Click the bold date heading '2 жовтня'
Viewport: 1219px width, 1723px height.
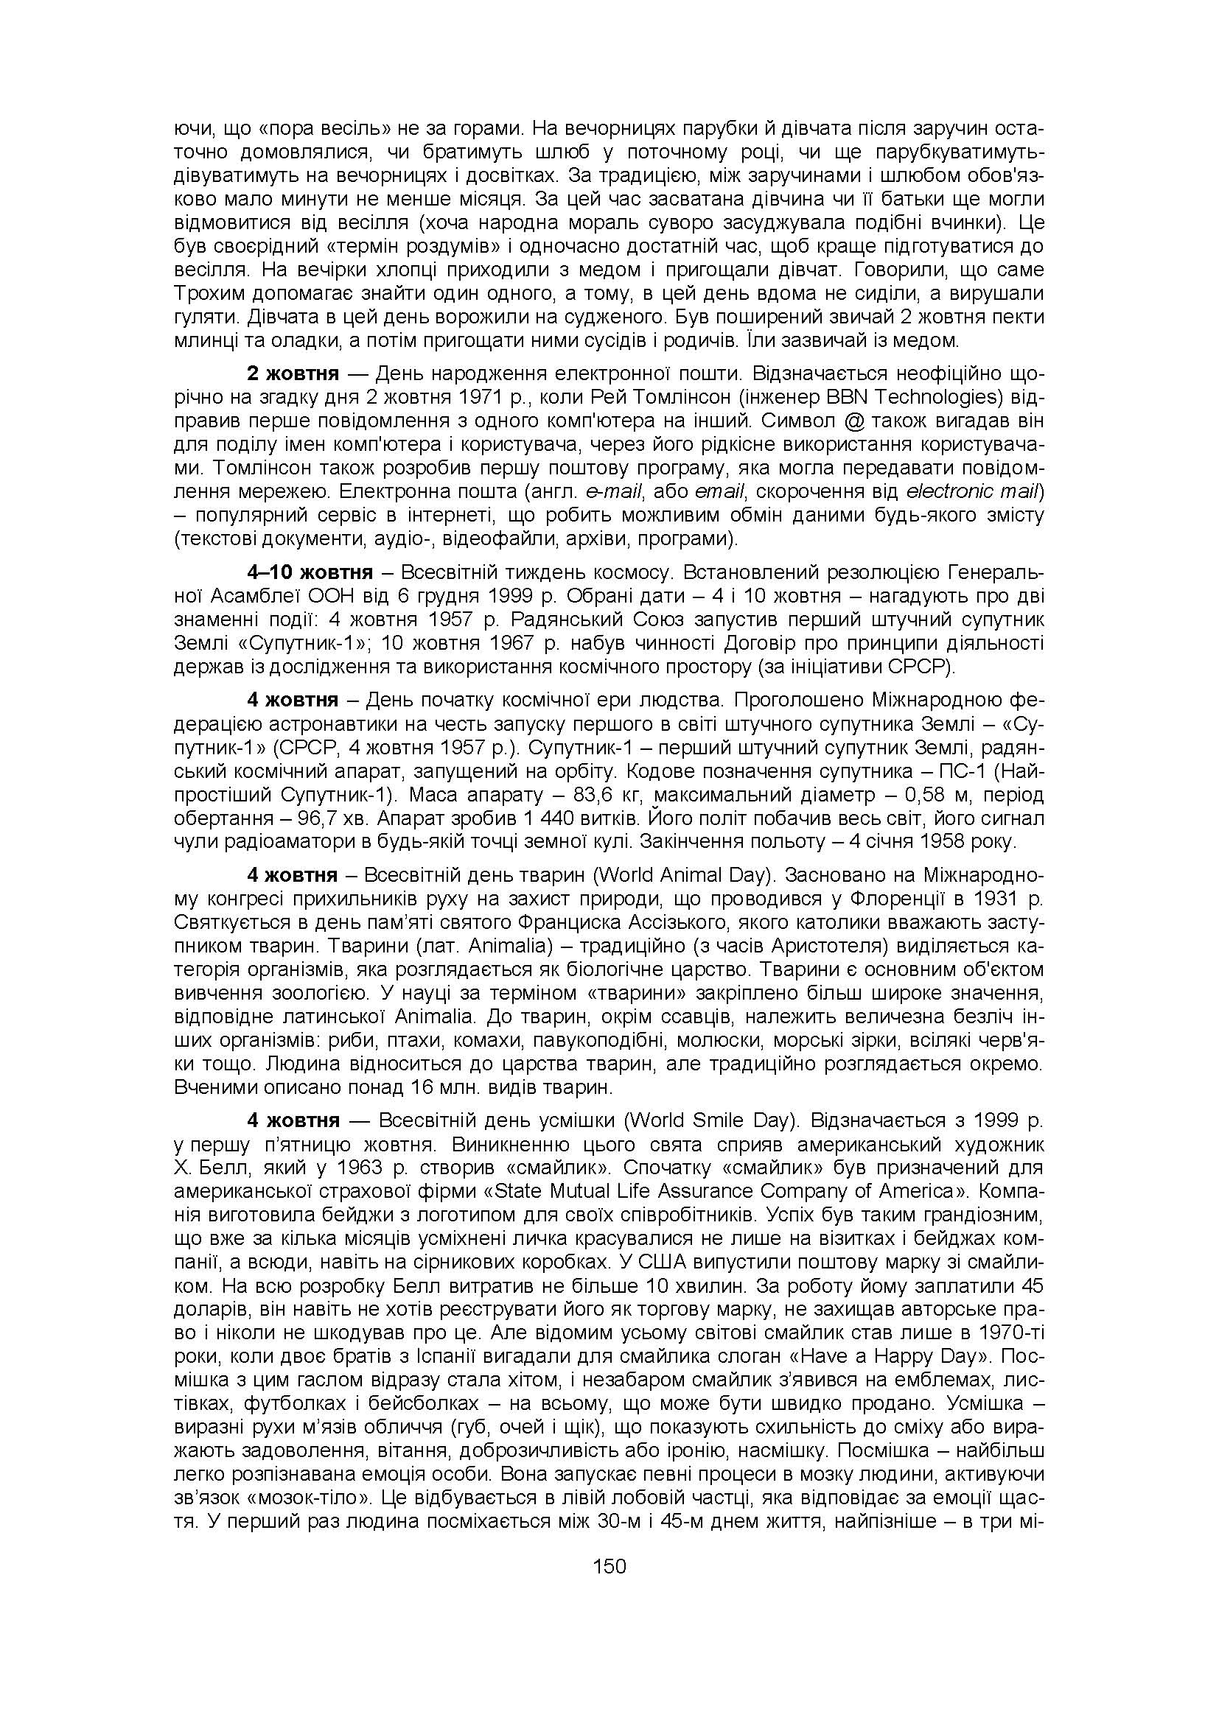point(293,373)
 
